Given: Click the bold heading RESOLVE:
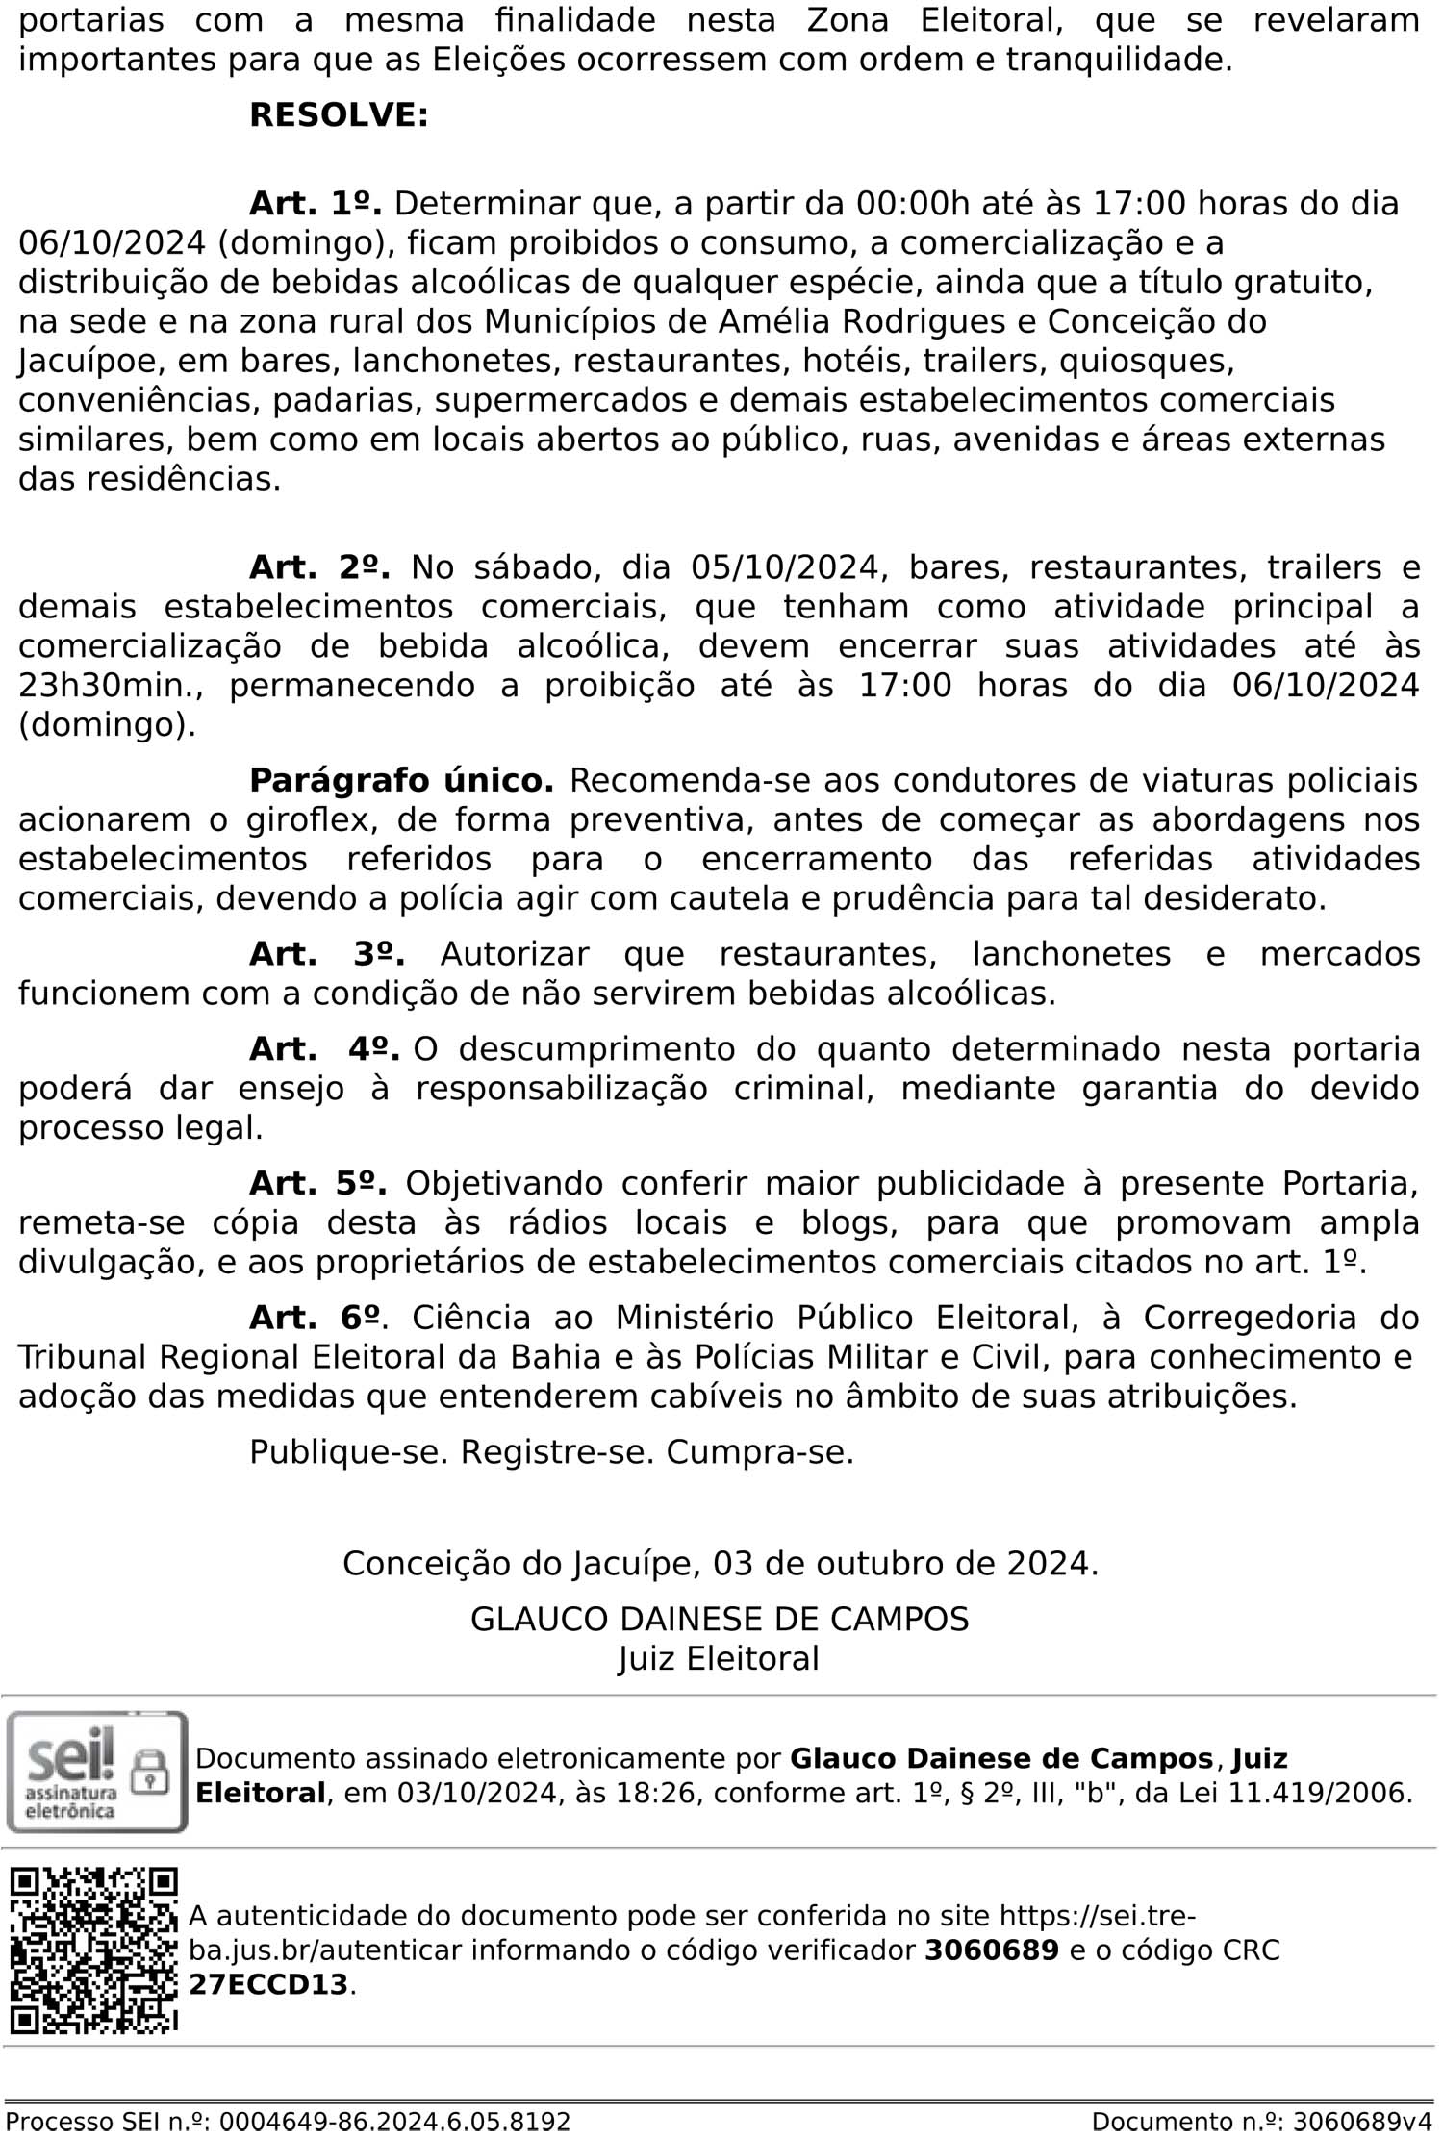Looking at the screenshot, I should point(339,115).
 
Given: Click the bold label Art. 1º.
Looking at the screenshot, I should point(316,204).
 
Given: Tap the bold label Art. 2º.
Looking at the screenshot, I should point(319,567).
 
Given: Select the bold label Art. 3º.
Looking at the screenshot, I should point(326,954).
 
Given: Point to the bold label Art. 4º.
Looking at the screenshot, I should point(324,1049).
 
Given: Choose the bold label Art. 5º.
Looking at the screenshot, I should point(317,1183).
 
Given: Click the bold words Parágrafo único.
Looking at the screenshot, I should point(401,780).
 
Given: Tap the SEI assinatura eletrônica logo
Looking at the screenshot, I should point(96,1772).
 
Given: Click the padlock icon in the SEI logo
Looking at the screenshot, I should point(149,1770).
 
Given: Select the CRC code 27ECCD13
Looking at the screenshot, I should point(268,1984).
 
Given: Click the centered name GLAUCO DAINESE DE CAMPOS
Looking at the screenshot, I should point(720,1619).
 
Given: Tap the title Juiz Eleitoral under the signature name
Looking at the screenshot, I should point(719,1658).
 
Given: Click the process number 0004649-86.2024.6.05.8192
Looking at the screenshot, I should point(395,2122).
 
